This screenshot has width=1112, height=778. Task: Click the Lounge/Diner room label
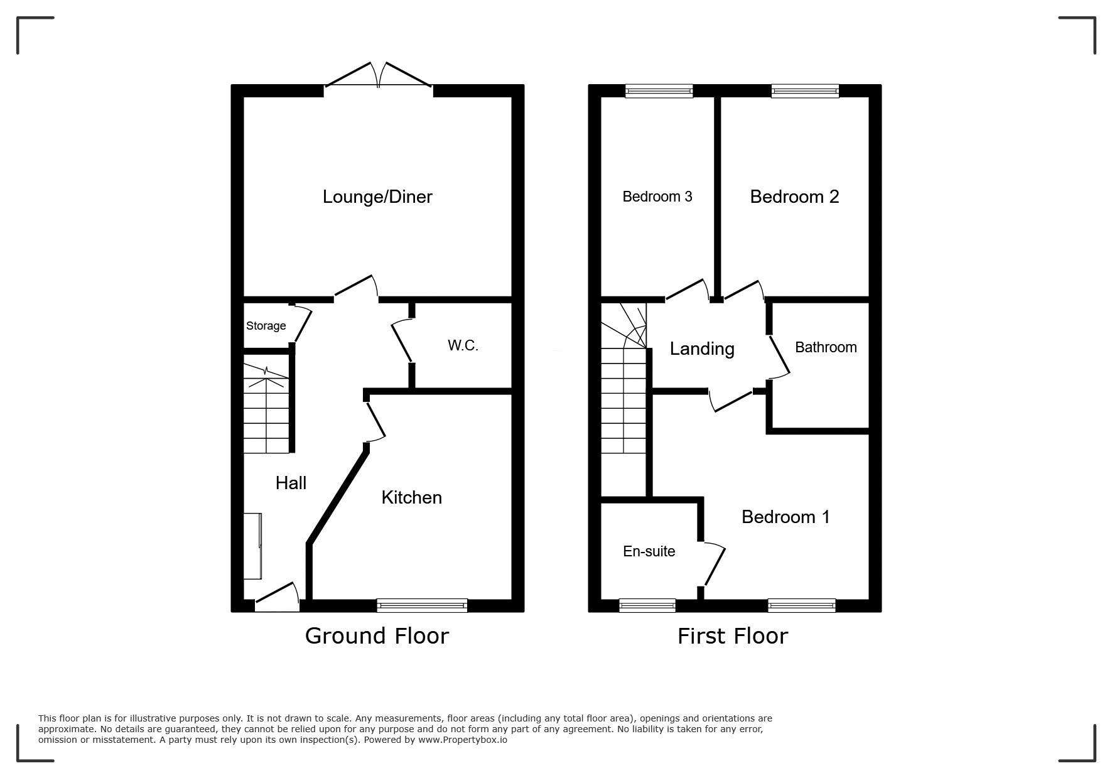pos(377,197)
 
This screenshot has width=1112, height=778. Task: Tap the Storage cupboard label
pos(266,326)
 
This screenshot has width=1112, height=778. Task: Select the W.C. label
pos(463,345)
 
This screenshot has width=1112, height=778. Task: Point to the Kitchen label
pos(412,498)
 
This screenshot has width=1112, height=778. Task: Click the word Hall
pos(291,483)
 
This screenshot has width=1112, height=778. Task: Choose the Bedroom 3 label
pos(657,197)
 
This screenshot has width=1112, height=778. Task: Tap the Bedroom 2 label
pos(794,197)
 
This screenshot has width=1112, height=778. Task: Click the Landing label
pos(702,349)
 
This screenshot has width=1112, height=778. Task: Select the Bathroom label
pos(826,347)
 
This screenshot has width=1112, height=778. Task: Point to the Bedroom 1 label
pos(785,517)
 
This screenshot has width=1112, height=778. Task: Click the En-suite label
pos(649,551)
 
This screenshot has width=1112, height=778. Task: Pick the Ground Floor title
pos(377,636)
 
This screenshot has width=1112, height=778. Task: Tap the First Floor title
pos(732,636)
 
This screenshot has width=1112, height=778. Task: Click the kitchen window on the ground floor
pos(422,605)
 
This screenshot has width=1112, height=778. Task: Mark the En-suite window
pos(647,605)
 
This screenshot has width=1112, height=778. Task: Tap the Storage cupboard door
pos(303,323)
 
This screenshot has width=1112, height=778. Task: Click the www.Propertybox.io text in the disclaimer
pos(463,740)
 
